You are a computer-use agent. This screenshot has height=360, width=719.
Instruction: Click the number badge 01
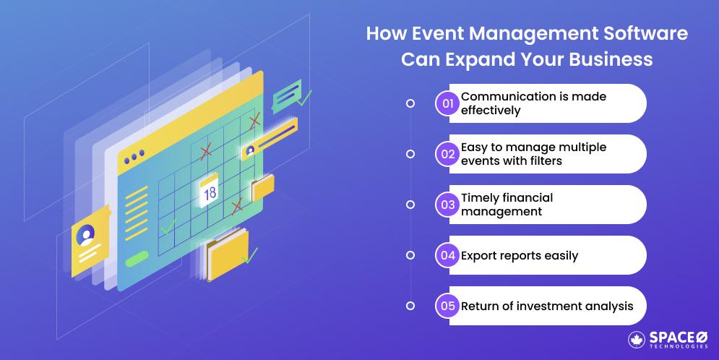click(x=447, y=103)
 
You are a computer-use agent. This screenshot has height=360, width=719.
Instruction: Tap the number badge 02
click(x=447, y=154)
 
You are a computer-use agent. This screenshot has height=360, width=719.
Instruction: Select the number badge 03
click(x=447, y=205)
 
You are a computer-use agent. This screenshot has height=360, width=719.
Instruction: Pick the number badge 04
click(x=447, y=255)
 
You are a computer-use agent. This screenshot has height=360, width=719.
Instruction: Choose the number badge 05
click(x=447, y=306)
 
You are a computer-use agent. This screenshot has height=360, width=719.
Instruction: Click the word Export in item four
click(x=479, y=255)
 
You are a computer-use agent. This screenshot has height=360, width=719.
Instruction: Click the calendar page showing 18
click(x=210, y=192)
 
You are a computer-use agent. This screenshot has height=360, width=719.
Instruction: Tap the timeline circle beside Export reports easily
click(x=410, y=255)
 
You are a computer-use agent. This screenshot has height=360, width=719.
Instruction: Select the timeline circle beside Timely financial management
click(x=410, y=205)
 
